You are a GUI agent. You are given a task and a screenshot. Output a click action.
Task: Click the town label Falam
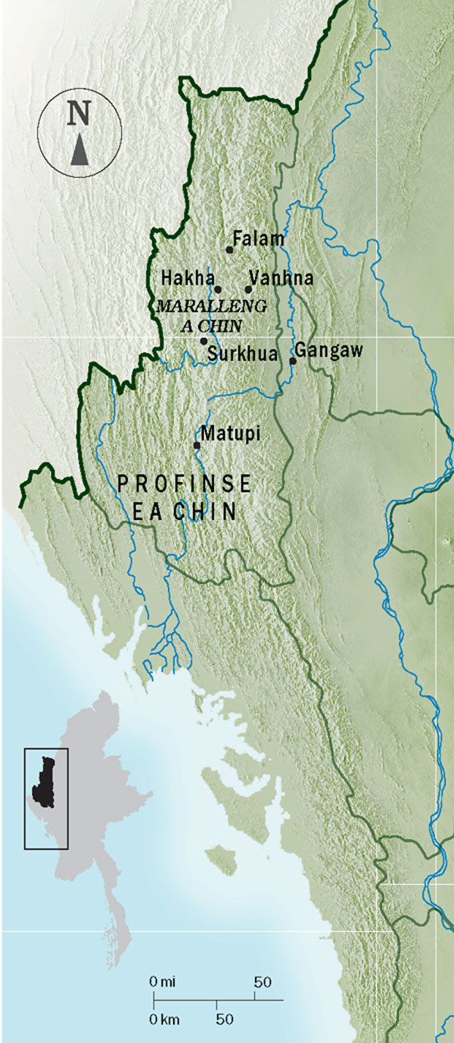pos(259,239)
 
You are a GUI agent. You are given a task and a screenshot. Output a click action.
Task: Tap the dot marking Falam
pos(229,250)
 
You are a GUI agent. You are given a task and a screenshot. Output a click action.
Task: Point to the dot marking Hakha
pos(218,289)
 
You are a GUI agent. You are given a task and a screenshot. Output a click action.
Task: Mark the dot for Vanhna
pos(248,289)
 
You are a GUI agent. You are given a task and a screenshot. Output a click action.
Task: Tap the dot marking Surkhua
pos(204,341)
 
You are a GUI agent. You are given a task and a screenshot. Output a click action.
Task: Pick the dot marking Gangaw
pos(293,361)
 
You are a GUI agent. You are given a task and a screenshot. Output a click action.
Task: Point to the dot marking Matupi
pos(197,445)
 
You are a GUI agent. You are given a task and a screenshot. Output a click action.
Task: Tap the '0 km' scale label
pos(164,1019)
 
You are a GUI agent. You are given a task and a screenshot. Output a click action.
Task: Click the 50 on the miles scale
pos(262,982)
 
